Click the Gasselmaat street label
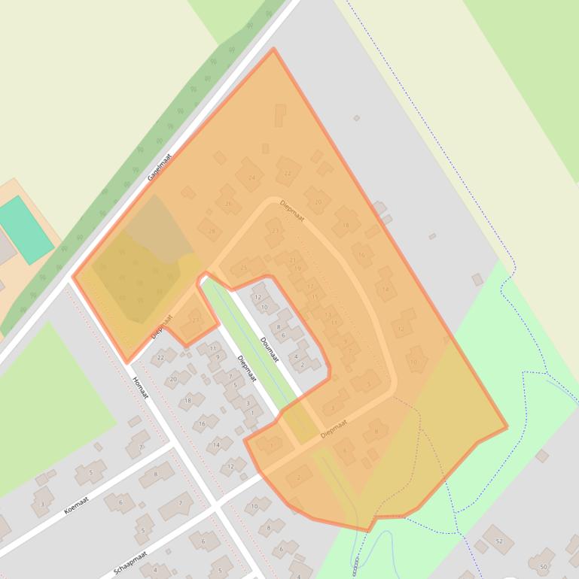(x=160, y=166)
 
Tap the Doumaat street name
(x=269, y=349)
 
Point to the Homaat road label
(x=141, y=387)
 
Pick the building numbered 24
(x=250, y=177)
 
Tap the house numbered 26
(x=228, y=203)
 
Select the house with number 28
(x=211, y=231)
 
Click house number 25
(x=243, y=267)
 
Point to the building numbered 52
(x=498, y=540)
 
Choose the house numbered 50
(x=543, y=566)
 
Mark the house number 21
(x=293, y=259)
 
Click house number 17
(x=310, y=286)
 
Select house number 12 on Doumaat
(x=258, y=298)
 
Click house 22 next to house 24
(x=288, y=173)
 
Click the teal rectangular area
(x=26, y=229)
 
